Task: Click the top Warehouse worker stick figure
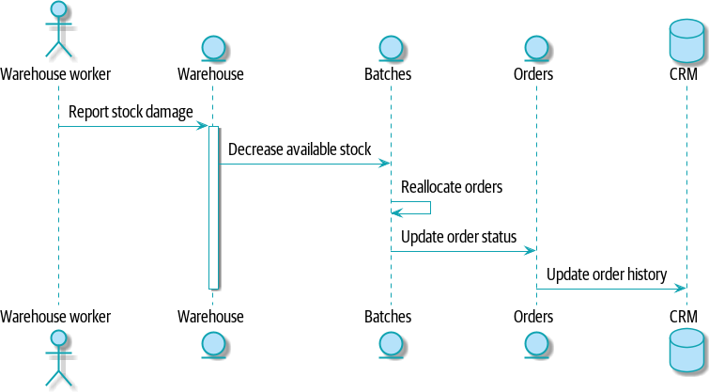point(58,30)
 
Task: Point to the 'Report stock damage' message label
point(131,113)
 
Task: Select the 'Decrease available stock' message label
point(300,149)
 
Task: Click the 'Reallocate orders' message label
point(452,187)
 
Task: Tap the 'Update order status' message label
point(458,236)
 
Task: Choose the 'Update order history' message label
point(607,274)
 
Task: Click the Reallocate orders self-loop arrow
point(417,208)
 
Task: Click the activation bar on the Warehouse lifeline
point(213,207)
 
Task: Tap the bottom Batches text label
point(388,317)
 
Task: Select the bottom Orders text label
point(533,317)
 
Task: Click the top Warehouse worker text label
point(55,73)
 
